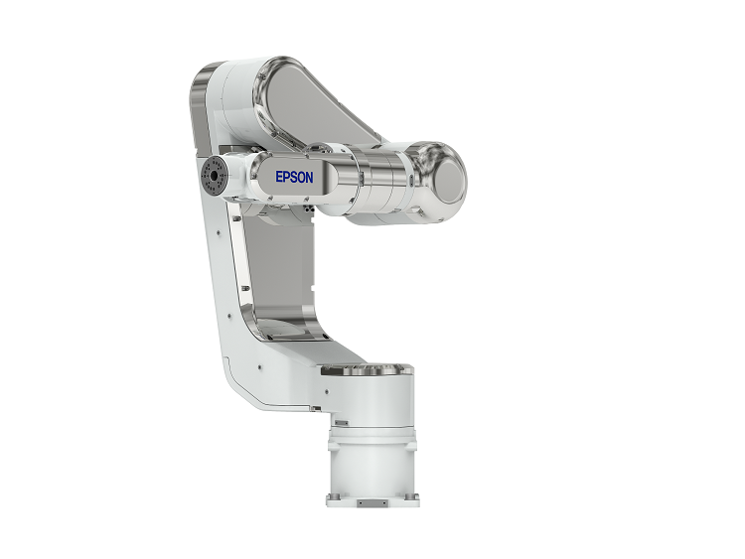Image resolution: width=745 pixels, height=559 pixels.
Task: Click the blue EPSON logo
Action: (294, 177)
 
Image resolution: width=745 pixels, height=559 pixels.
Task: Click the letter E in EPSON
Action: (279, 177)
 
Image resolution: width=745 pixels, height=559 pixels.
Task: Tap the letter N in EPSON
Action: (309, 177)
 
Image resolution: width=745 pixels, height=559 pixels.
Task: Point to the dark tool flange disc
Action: (213, 176)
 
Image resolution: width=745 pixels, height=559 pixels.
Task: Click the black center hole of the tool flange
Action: (214, 176)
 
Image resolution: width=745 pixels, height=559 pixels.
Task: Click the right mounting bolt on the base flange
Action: (410, 496)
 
